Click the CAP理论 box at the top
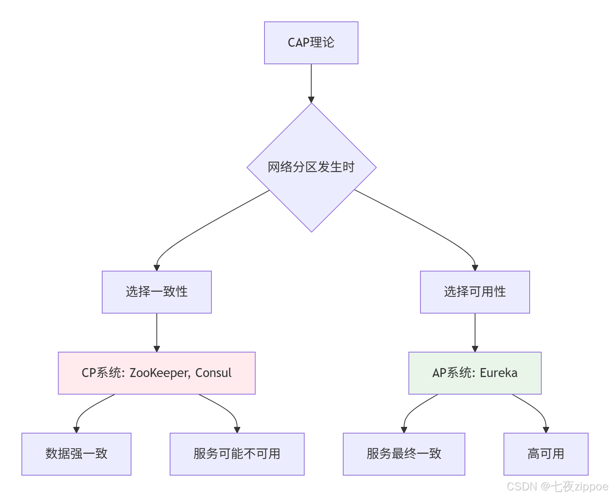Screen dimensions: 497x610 pyautogui.click(x=311, y=43)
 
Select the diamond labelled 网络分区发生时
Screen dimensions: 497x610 pyautogui.click(x=311, y=167)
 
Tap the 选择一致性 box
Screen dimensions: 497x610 pyautogui.click(x=157, y=292)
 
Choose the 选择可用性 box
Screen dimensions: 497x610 pyautogui.click(x=475, y=292)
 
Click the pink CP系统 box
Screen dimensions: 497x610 pyautogui.click(x=157, y=373)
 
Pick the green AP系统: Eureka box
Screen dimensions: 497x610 pyautogui.click(x=475, y=373)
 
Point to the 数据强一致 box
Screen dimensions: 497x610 pyautogui.click(x=76, y=454)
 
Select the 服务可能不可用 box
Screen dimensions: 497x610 pyautogui.click(x=237, y=454)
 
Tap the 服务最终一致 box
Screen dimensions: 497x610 pyautogui.click(x=404, y=454)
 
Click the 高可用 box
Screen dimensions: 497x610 pyautogui.click(x=546, y=454)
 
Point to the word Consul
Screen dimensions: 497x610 pyautogui.click(x=213, y=373)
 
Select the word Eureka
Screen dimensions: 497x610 pyautogui.click(x=498, y=373)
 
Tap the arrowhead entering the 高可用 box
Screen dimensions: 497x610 pyautogui.click(x=546, y=430)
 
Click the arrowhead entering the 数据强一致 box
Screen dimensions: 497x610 pyautogui.click(x=76, y=430)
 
